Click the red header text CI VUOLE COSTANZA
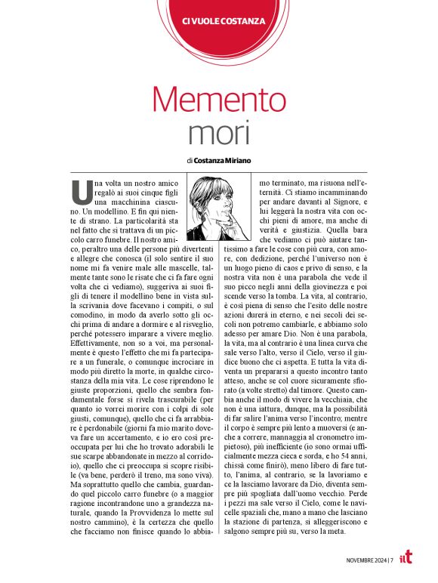(219, 21)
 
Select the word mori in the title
(218, 134)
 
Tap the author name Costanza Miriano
(224, 160)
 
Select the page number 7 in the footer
(392, 560)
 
